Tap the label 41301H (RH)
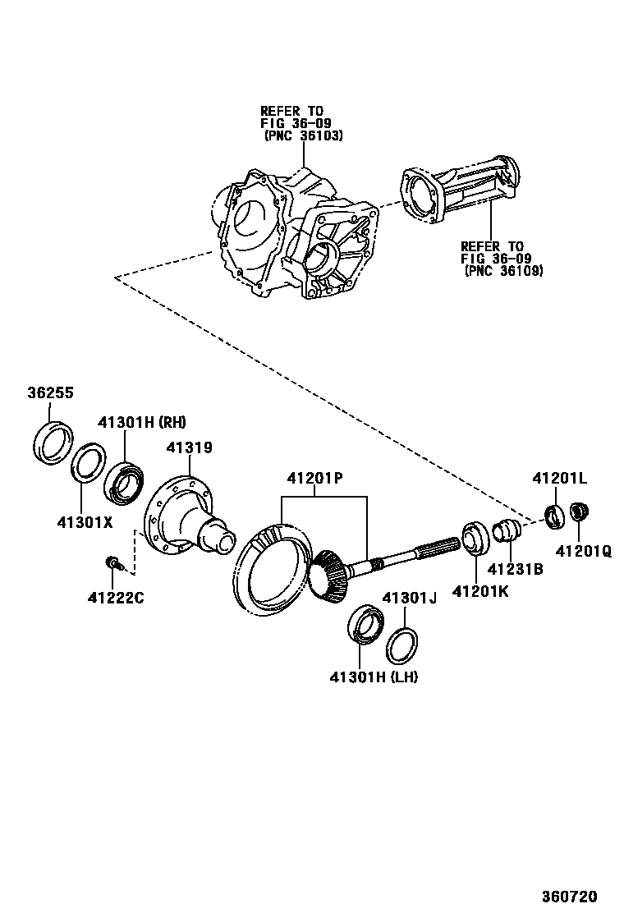click(x=142, y=423)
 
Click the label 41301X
click(x=85, y=521)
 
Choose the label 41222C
click(x=116, y=597)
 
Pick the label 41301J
click(x=408, y=598)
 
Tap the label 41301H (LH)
click(x=374, y=677)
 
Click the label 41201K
click(x=481, y=590)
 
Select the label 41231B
click(x=515, y=567)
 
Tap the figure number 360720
click(x=569, y=896)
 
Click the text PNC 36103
click(x=303, y=135)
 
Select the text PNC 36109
click(x=503, y=269)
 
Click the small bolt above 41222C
click(x=112, y=562)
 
